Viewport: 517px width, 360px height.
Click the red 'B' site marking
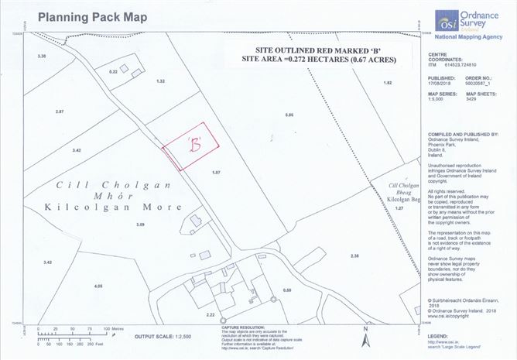195,144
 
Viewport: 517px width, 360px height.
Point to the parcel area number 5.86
290,115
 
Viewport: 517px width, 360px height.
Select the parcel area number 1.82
388,83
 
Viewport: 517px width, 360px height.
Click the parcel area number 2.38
355,255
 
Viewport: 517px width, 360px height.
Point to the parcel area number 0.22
113,71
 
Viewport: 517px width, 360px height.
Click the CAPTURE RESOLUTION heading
221,327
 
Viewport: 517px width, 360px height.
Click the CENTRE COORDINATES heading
447,58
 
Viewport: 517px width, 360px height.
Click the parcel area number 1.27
399,209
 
